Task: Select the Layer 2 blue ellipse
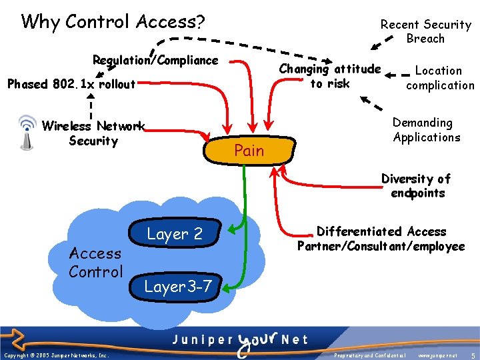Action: (x=175, y=234)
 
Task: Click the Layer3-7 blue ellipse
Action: (x=179, y=287)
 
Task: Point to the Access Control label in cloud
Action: (x=96, y=262)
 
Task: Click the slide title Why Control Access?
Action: (x=113, y=22)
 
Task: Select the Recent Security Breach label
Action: (x=425, y=31)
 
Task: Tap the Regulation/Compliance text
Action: (x=155, y=61)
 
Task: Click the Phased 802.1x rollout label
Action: (x=71, y=85)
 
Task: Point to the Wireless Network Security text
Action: (x=93, y=133)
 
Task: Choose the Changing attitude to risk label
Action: (x=329, y=76)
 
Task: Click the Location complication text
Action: (x=439, y=77)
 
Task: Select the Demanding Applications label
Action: (x=426, y=130)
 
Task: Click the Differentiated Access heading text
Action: (x=381, y=231)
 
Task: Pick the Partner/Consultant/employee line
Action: (x=381, y=247)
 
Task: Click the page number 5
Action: (x=472, y=355)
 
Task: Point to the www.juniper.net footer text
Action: (x=437, y=356)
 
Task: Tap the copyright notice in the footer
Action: (x=56, y=356)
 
